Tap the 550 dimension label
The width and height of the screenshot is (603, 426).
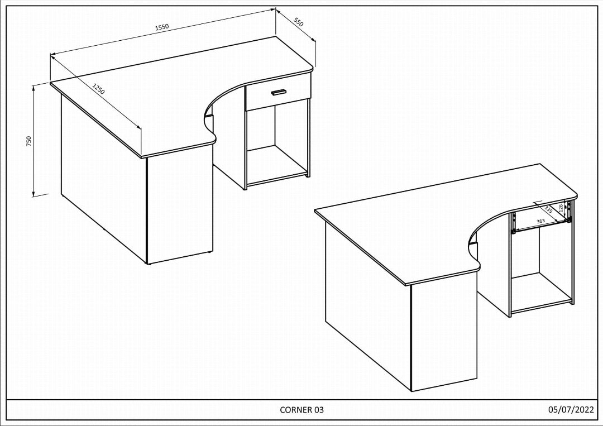click(299, 22)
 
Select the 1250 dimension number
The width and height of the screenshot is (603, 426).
click(98, 89)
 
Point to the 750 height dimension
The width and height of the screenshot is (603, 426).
click(29, 141)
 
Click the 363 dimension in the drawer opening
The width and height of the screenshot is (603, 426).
click(540, 222)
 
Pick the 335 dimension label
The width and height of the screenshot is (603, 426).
click(548, 209)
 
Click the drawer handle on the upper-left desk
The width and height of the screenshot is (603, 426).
click(278, 92)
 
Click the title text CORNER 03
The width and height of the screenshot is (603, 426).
click(301, 410)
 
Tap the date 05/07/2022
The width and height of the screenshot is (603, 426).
click(571, 410)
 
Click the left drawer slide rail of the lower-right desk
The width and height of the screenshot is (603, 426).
click(513, 222)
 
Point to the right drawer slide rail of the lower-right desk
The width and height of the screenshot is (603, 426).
click(569, 211)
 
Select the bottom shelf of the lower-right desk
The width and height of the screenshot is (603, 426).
click(540, 292)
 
